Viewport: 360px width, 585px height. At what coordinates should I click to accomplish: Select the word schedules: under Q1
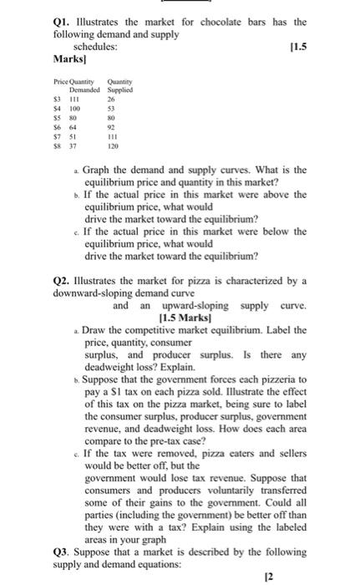tap(90, 48)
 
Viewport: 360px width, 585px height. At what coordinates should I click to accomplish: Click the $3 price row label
tap(57, 100)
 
